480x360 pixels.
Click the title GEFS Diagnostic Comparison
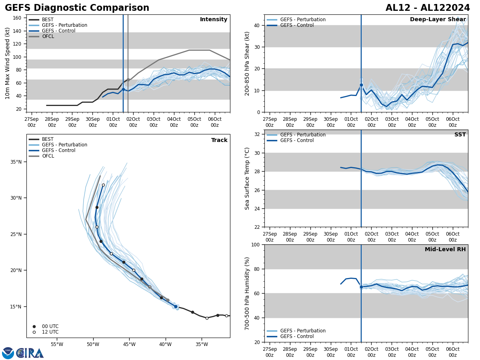[x=77, y=8]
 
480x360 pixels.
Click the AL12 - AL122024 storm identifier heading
[x=428, y=8]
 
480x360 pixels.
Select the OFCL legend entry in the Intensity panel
[x=48, y=36]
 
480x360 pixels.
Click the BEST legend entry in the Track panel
[x=48, y=139]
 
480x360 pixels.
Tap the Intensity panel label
[x=214, y=20]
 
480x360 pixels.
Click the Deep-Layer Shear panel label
[x=438, y=20]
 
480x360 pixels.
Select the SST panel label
[x=460, y=135]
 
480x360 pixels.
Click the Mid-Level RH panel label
[x=445, y=250]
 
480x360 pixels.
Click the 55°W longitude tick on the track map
[x=57, y=344]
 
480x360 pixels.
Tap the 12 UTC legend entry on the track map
[x=50, y=332]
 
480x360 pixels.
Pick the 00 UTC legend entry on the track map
[x=50, y=326]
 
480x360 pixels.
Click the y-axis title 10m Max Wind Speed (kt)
[x=8, y=63]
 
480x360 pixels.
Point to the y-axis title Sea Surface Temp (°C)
[x=247, y=178]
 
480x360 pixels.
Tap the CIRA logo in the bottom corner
[x=23, y=353]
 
